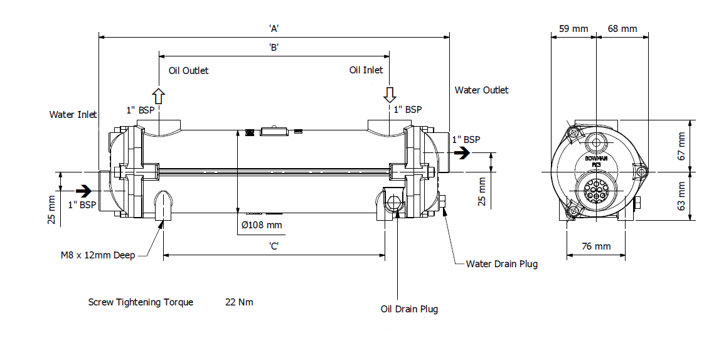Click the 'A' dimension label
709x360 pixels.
click(x=274, y=28)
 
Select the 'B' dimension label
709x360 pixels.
click(x=274, y=48)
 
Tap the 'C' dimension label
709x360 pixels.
click(x=274, y=246)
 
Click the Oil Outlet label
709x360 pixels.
click(x=188, y=70)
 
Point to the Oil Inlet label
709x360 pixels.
click(x=366, y=70)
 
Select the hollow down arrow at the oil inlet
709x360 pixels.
click(x=390, y=95)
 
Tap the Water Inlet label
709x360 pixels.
click(x=73, y=115)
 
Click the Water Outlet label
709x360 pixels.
click(x=481, y=90)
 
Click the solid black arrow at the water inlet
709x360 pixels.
click(x=83, y=189)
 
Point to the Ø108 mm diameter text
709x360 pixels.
click(x=262, y=225)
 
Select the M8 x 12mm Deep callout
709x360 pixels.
click(x=97, y=255)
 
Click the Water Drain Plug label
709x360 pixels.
click(x=501, y=264)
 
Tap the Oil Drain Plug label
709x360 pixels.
click(x=409, y=309)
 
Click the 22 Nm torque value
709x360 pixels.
click(x=239, y=302)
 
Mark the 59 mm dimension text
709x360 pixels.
click(x=573, y=29)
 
